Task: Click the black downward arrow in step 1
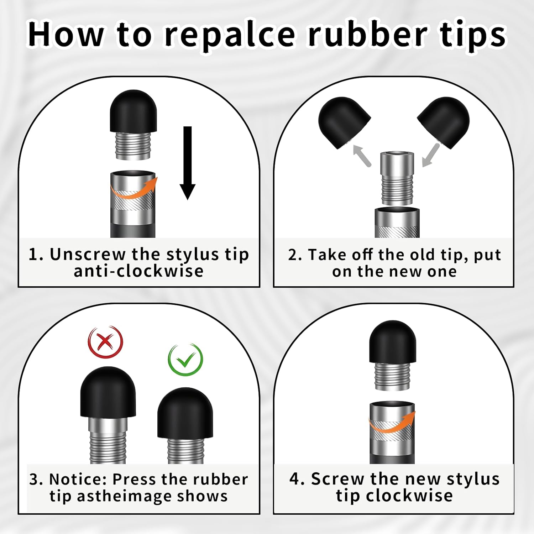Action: pyautogui.click(x=187, y=163)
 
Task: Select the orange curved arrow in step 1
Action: pyautogui.click(x=133, y=188)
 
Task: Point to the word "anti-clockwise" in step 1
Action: pyautogui.click(x=138, y=271)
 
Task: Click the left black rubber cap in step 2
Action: pyautogui.click(x=344, y=122)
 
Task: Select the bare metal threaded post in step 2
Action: pyautogui.click(x=397, y=178)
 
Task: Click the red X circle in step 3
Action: pyautogui.click(x=105, y=342)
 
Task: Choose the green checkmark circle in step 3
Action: pyautogui.click(x=185, y=360)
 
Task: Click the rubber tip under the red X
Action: pyautogui.click(x=108, y=392)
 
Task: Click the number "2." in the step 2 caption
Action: pyautogui.click(x=295, y=255)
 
